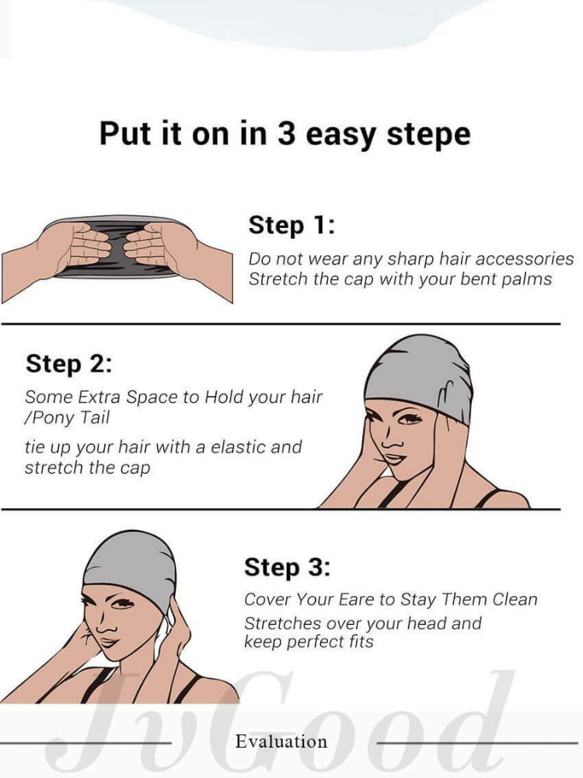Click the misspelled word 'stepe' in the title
[428, 135]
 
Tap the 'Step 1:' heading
[291, 225]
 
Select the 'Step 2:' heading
[69, 363]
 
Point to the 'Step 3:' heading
[287, 567]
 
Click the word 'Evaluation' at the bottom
[281, 741]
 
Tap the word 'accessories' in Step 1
[523, 258]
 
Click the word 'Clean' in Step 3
[515, 599]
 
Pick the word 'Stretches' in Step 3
[281, 623]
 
